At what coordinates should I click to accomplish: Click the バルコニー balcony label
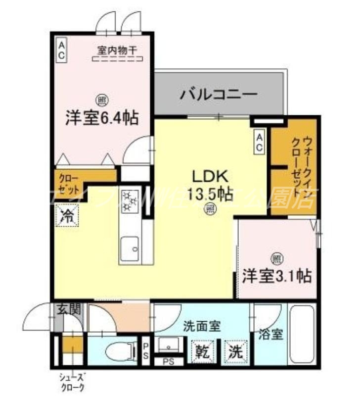pos(218,93)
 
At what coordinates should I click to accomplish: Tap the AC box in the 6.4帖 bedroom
pos(61,50)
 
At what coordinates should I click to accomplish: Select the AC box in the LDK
pos(259,143)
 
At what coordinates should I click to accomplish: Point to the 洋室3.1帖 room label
pos(276,276)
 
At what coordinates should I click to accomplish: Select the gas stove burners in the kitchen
pos(131,199)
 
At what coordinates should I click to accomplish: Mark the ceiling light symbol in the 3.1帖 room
pos(276,258)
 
